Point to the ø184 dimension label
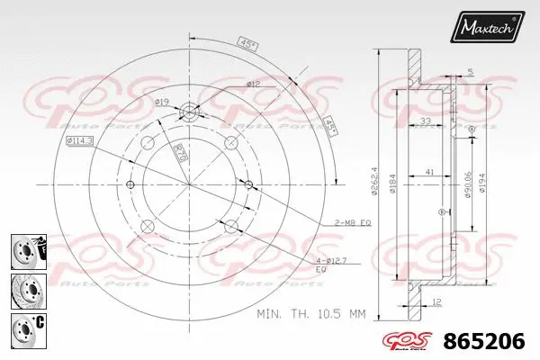(394, 185)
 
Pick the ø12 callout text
(254, 84)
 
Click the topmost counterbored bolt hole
(190, 112)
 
